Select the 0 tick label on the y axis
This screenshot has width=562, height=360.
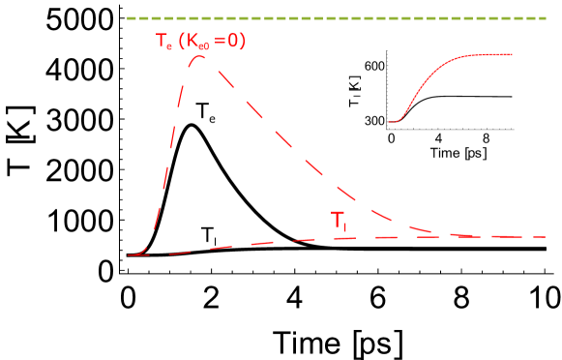[101, 272]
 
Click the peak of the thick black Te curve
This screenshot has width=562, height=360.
[191, 125]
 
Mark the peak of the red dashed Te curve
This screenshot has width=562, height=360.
[200, 56]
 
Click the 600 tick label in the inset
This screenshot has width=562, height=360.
[374, 66]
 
